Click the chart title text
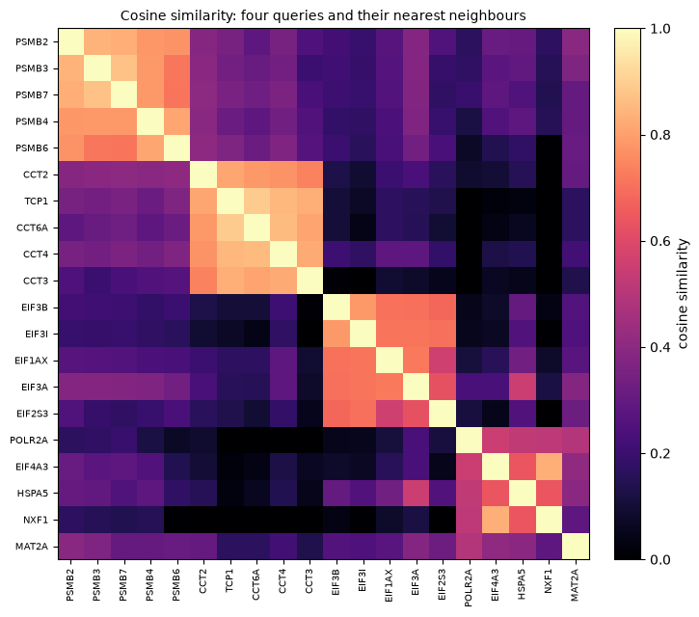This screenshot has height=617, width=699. click(x=323, y=15)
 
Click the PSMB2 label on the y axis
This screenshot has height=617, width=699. click(x=32, y=41)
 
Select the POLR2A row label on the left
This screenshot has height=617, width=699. click(x=29, y=441)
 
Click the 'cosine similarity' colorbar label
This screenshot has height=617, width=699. click(x=683, y=294)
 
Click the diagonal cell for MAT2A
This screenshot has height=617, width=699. click(x=576, y=546)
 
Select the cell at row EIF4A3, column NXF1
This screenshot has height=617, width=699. click(x=550, y=467)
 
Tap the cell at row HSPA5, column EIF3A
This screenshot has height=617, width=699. click(x=417, y=493)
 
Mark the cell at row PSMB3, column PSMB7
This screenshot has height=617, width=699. click(x=124, y=68)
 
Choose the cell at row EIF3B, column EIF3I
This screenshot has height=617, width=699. click(x=363, y=308)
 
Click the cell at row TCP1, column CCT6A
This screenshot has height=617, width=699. click(x=257, y=201)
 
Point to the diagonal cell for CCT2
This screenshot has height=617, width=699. click(x=204, y=174)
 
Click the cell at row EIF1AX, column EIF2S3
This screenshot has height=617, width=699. click(x=444, y=361)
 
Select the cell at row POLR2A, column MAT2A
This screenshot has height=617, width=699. click(x=576, y=440)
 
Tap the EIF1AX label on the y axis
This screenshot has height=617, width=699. click(x=31, y=361)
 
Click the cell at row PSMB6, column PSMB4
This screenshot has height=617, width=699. click(x=151, y=148)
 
